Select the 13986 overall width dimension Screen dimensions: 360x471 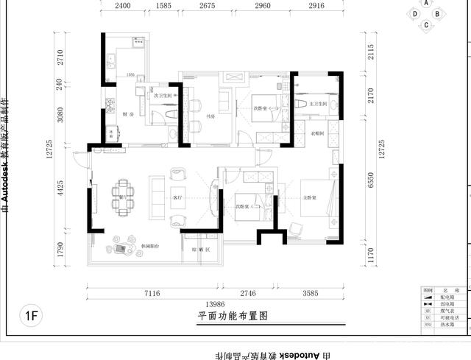(214, 304)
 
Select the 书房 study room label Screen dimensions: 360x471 (210, 115)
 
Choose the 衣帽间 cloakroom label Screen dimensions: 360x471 (317, 133)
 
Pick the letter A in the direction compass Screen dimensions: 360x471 (426, 4)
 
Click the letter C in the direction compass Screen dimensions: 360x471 (425, 25)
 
